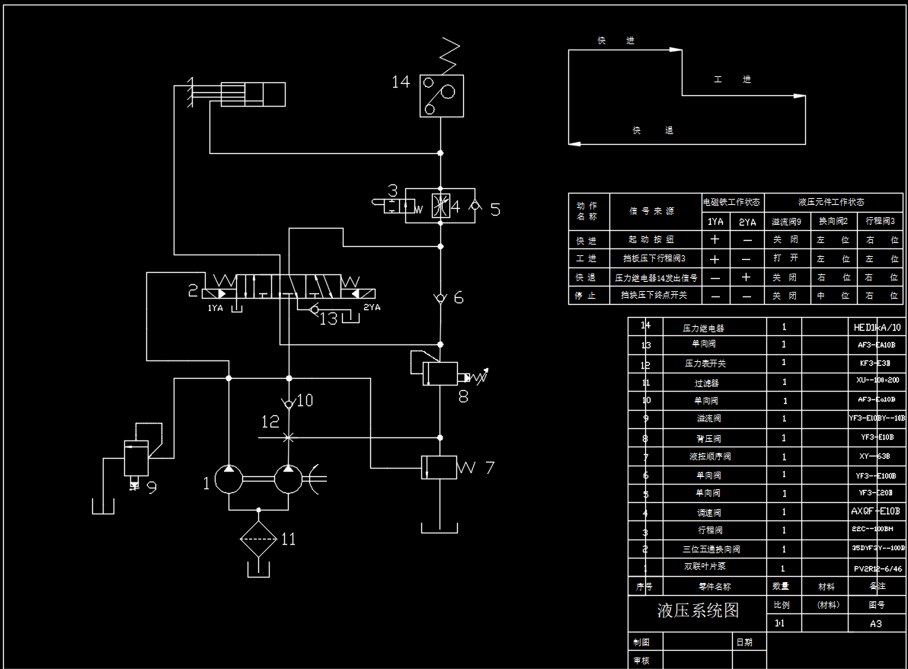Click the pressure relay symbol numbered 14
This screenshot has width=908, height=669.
[442, 95]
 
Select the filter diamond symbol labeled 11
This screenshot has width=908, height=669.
[258, 537]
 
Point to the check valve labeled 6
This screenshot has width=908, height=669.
[440, 298]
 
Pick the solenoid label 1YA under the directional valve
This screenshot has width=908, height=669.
[215, 308]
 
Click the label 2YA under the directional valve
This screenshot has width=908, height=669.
[371, 307]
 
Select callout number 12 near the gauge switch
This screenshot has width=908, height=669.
[270, 421]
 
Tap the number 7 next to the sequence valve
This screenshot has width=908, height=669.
[489, 467]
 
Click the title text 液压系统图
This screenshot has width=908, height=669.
[698, 610]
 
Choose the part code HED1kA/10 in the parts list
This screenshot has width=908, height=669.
[878, 328]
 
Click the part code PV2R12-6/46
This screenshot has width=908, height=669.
[878, 568]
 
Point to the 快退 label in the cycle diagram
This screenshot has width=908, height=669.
[652, 130]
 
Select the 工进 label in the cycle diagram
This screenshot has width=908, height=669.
[732, 79]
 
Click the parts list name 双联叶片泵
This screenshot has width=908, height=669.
[705, 567]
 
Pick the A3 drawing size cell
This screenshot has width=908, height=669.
[876, 623]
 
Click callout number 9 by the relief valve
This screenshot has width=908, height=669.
[152, 487]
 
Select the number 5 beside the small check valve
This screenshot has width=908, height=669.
[495, 210]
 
